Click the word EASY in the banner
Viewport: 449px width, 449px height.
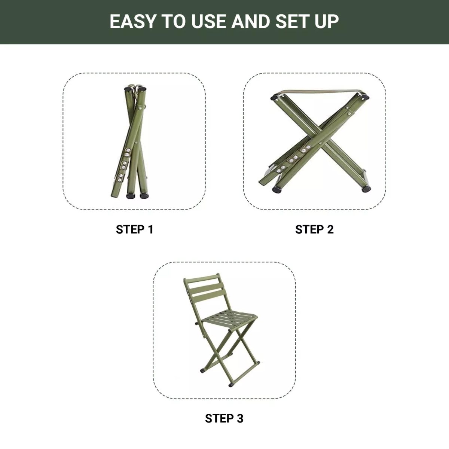[132, 21]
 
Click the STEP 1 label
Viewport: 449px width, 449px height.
[135, 229]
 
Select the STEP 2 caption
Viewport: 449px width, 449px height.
[314, 229]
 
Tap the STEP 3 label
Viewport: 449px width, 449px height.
[224, 418]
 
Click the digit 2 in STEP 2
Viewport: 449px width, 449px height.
[330, 229]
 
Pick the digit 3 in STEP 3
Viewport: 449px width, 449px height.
[240, 418]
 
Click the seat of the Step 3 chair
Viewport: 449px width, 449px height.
[229, 318]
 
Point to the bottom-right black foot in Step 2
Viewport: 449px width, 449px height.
[366, 189]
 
